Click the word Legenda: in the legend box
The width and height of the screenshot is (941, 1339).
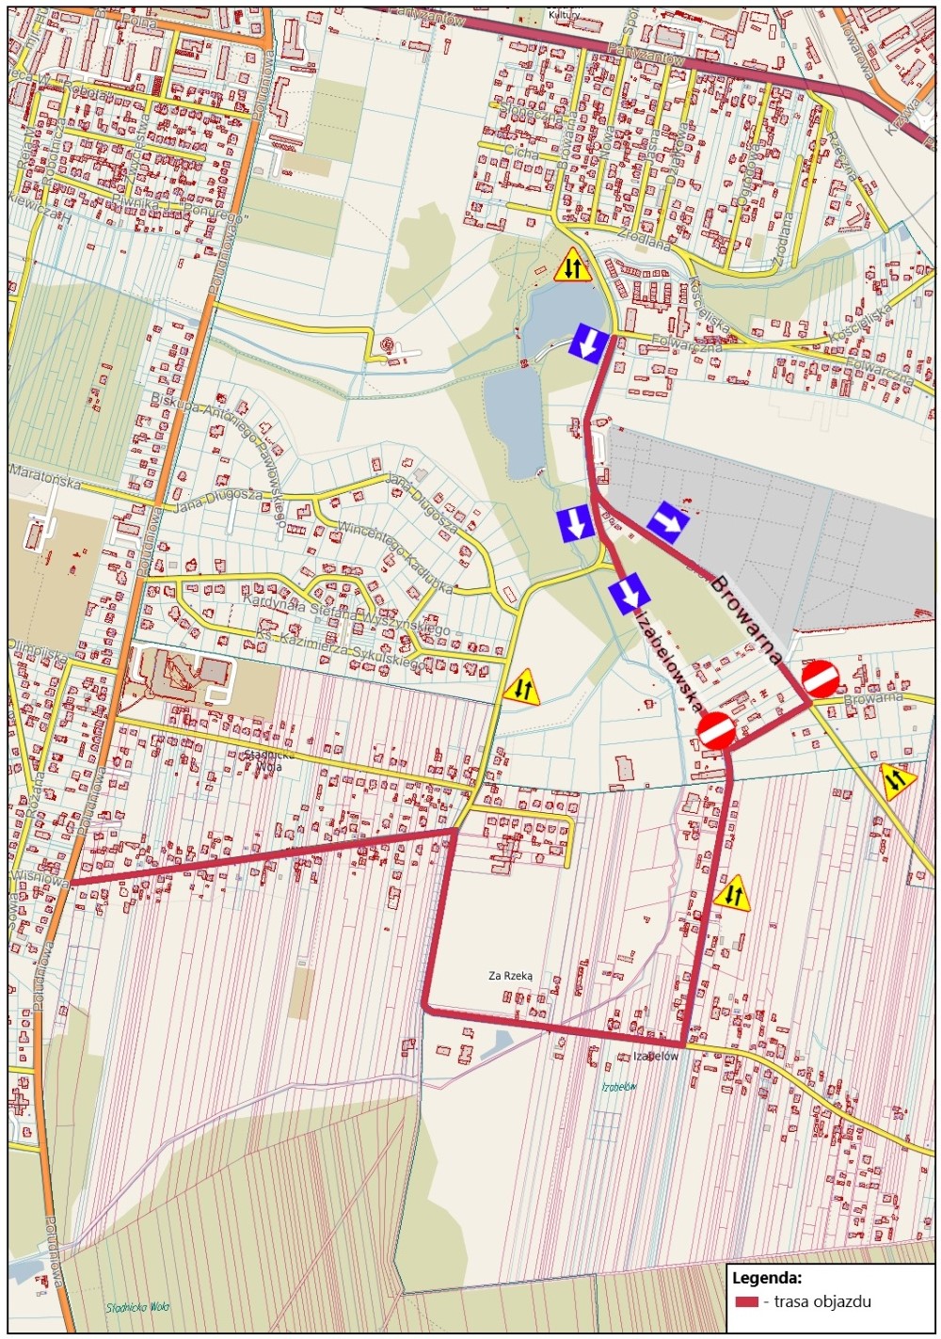767,1278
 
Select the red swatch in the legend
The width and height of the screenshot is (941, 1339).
747,1302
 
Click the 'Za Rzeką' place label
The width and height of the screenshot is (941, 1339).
510,976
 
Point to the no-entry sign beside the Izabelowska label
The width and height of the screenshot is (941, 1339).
717,730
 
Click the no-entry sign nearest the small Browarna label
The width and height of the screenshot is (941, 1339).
821,678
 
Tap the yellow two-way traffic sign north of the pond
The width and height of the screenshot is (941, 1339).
572,266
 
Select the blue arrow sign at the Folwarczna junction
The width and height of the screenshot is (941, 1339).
588,343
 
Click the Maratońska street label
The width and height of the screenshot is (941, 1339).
45,476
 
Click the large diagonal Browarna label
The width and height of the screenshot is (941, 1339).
746,620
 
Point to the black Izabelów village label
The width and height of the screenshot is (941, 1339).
655,1057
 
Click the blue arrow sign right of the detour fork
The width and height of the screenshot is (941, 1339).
669,520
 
